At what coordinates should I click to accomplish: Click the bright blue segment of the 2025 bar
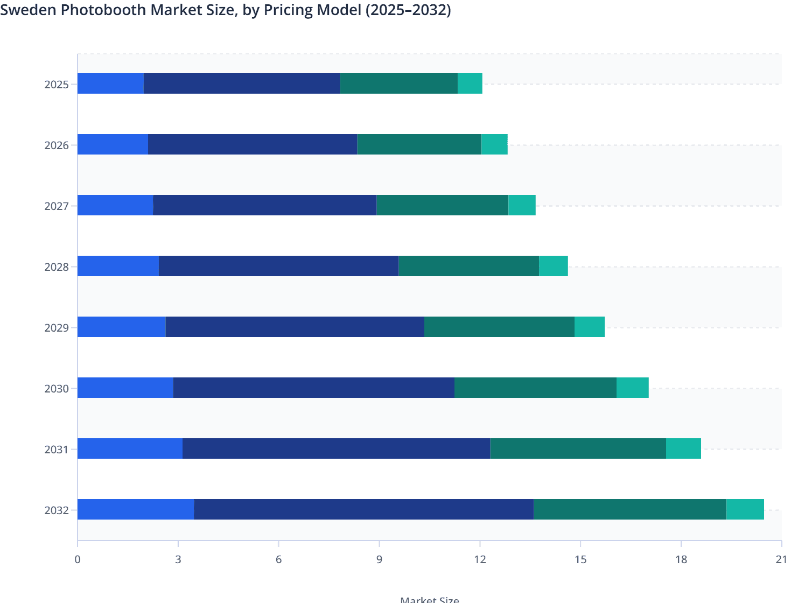110,83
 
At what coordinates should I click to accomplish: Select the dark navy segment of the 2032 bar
363,509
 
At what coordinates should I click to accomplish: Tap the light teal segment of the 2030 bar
632,388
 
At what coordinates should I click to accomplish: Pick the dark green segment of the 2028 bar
468,266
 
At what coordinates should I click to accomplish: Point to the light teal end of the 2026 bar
494,144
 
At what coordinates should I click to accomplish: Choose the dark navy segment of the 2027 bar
264,205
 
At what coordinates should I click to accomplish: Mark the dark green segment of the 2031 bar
578,448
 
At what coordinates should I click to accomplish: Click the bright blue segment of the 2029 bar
122,327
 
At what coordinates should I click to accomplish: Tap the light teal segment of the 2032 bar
745,509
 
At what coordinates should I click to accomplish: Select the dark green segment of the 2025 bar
398,83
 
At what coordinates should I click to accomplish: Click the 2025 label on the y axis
57,85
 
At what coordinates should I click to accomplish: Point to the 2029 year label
57,328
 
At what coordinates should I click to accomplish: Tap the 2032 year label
57,510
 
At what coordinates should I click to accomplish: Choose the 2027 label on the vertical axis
57,206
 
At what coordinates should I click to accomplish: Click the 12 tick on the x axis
480,559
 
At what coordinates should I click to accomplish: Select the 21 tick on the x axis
781,559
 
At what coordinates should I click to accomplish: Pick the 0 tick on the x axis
78,559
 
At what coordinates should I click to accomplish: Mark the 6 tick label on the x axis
278,559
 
